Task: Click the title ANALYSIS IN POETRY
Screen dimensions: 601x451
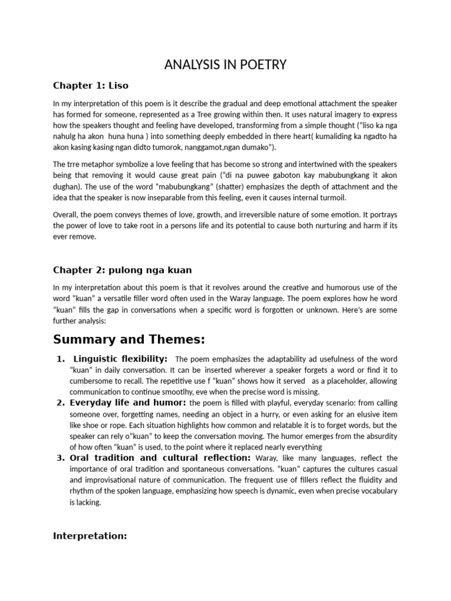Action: (x=225, y=65)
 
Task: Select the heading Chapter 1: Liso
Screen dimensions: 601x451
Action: (x=90, y=85)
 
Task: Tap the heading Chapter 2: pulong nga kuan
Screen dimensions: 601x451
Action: (x=122, y=270)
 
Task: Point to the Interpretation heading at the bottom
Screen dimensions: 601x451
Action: (x=90, y=536)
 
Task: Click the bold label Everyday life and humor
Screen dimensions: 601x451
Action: (x=128, y=403)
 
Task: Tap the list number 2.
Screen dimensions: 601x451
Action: (x=60, y=403)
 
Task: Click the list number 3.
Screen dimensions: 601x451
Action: (x=60, y=458)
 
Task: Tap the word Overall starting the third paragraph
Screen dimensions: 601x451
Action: (x=66, y=215)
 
